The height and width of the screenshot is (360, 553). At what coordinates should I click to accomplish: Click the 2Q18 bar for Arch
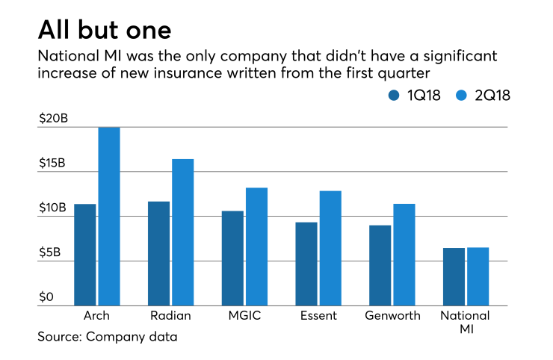click(x=109, y=217)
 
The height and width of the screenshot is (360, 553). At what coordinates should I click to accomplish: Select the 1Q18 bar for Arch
click(x=84, y=255)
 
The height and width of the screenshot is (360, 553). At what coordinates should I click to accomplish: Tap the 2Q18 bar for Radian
click(x=183, y=232)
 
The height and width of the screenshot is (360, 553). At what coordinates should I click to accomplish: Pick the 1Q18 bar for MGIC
click(x=232, y=258)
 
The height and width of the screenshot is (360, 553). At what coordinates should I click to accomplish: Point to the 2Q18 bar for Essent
click(x=330, y=248)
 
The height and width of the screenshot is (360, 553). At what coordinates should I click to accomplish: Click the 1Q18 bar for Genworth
click(x=380, y=265)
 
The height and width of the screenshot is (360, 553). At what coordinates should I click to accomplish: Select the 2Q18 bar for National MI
click(x=478, y=276)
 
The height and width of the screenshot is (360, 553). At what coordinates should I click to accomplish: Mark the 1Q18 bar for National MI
click(x=454, y=276)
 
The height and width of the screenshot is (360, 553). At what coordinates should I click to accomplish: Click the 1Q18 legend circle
click(x=394, y=95)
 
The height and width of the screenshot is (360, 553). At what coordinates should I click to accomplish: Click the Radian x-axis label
click(x=170, y=316)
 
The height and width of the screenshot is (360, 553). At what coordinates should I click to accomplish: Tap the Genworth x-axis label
click(x=392, y=316)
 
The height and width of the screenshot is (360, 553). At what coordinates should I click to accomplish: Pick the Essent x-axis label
click(x=318, y=316)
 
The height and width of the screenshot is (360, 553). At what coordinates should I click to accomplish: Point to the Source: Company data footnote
click(x=108, y=337)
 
